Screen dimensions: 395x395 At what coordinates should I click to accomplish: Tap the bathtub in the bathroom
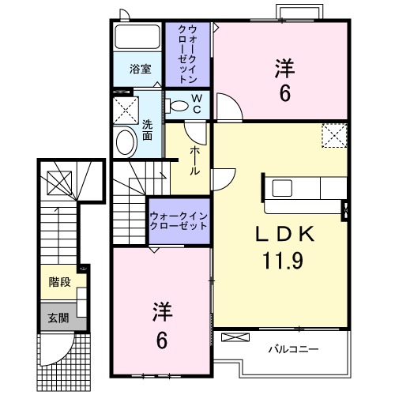click(x=137, y=38)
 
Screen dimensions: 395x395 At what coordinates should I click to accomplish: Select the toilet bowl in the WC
click(x=179, y=103)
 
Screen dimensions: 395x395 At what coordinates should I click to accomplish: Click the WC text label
click(x=197, y=103)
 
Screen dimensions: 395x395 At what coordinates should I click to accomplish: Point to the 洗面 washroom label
click(x=147, y=130)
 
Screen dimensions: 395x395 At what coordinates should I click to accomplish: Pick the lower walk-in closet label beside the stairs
click(x=179, y=219)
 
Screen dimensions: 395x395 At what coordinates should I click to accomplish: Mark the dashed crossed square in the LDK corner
click(x=334, y=135)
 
